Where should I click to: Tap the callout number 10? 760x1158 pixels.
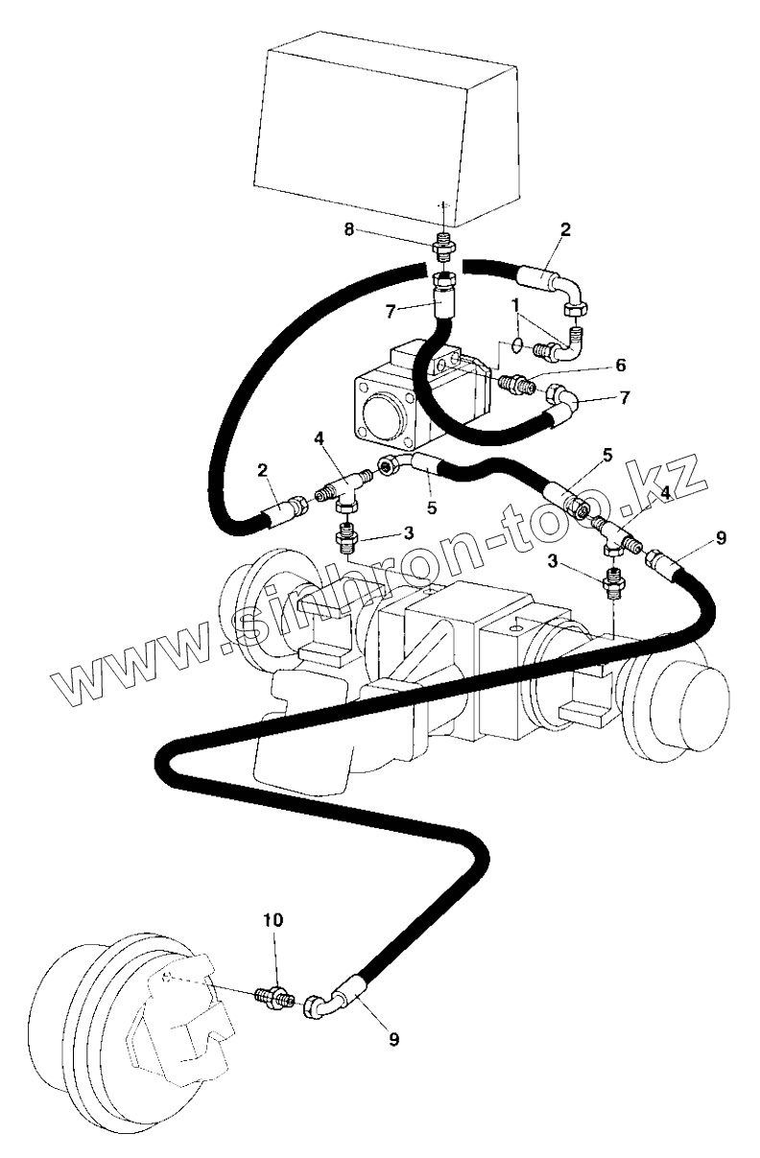pyautogui.click(x=273, y=919)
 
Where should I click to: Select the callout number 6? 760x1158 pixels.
pyautogui.click(x=621, y=365)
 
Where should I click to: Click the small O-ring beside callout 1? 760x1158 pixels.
pyautogui.click(x=516, y=343)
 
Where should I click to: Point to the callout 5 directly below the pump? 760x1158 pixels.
pyautogui.click(x=432, y=507)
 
